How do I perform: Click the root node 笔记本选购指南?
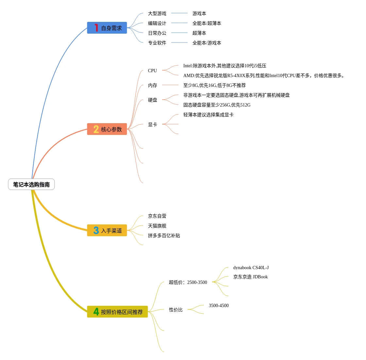tap(31, 185)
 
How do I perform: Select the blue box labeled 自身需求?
tap(107, 28)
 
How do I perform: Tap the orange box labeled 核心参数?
tap(107, 129)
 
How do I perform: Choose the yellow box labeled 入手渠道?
tap(107, 231)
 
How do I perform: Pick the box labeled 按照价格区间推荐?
tap(117, 312)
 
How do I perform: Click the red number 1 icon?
tap(96, 28)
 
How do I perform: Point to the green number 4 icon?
tap(96, 312)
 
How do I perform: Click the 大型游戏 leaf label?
tap(157, 13)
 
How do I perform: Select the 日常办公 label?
tap(157, 33)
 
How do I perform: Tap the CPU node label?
tap(152, 71)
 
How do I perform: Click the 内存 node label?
tap(152, 85)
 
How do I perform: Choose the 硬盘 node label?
tap(152, 100)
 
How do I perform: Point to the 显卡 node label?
tap(152, 124)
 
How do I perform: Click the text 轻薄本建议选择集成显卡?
tap(208, 115)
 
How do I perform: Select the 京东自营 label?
tap(157, 216)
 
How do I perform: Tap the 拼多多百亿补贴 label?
tap(164, 236)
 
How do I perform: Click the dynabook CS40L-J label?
tap(251, 268)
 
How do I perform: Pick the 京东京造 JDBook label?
tap(250, 277)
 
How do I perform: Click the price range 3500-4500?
tap(219, 305)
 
